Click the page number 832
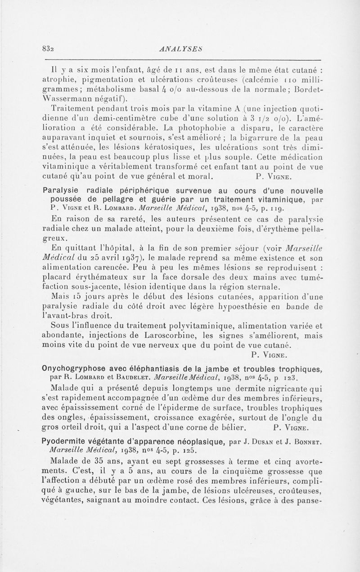click(x=47, y=49)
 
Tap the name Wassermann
click(x=68, y=99)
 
